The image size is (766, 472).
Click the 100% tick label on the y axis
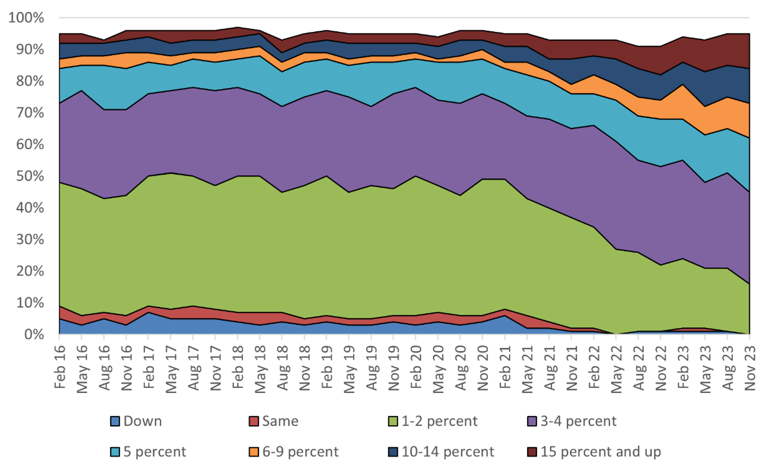tap(26, 18)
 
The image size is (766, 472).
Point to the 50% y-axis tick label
tap(29, 176)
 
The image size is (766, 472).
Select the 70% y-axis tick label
tap(29, 113)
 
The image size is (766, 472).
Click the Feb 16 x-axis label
tap(60, 366)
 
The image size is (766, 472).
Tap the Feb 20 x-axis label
tap(416, 366)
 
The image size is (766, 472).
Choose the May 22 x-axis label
tap(616, 369)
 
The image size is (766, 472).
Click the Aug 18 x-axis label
tap(283, 367)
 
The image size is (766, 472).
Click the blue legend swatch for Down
tap(115, 421)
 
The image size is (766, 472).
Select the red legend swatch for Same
tap(254, 421)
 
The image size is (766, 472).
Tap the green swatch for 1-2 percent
tap(393, 421)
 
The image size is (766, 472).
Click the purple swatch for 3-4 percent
tap(532, 421)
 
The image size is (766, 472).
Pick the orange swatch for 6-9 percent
tap(254, 452)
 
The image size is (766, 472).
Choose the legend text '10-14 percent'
tap(448, 452)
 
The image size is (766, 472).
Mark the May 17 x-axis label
tap(171, 369)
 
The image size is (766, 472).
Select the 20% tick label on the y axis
tap(29, 271)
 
